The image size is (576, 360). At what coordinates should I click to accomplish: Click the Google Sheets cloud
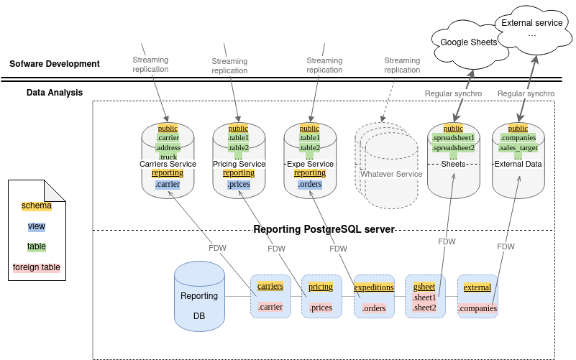coord(468,42)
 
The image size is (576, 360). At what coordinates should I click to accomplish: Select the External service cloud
coord(532,28)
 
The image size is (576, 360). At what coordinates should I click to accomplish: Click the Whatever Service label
coord(391,174)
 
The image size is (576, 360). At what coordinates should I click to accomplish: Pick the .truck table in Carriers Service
coord(168,157)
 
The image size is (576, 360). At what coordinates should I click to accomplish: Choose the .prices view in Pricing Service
coord(239,185)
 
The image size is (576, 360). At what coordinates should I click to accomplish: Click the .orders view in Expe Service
coord(310,185)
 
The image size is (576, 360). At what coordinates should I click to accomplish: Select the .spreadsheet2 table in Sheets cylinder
coord(453,147)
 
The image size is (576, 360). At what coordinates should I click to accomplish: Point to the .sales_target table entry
coord(518,148)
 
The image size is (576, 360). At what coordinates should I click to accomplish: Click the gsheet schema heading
coord(424,287)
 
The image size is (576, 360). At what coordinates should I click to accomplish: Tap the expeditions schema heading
coord(374,287)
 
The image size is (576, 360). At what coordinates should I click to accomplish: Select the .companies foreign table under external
coord(477,308)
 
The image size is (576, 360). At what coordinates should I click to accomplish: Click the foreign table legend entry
coord(37,267)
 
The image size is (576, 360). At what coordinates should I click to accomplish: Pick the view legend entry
coord(37,226)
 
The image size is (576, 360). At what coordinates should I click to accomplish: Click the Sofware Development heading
coord(55,64)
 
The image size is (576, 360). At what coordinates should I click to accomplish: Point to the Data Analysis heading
coord(55,93)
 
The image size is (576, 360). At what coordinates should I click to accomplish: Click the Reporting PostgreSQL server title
coord(324,229)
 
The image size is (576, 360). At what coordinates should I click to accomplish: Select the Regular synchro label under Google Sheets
coord(454,93)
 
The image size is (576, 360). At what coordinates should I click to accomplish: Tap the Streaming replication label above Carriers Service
coord(151,65)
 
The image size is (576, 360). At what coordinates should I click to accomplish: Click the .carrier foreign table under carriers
coord(270,307)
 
